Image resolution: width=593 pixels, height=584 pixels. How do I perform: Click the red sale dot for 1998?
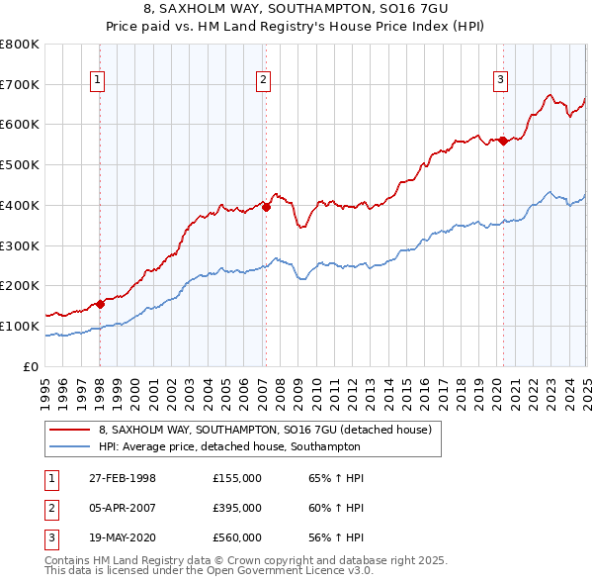tap(100, 305)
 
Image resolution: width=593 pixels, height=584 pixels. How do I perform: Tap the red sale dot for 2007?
tap(266, 207)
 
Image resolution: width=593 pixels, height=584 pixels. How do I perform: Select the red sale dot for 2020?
tap(503, 141)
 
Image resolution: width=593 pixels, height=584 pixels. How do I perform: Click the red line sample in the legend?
tap(68, 431)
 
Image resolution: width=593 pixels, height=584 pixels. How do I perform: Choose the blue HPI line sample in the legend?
tap(68, 446)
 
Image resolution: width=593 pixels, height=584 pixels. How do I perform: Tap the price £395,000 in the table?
tap(237, 508)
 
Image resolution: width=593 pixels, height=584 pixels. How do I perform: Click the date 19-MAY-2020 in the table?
tap(122, 537)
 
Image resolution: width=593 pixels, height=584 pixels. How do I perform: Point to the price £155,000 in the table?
tap(237, 478)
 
